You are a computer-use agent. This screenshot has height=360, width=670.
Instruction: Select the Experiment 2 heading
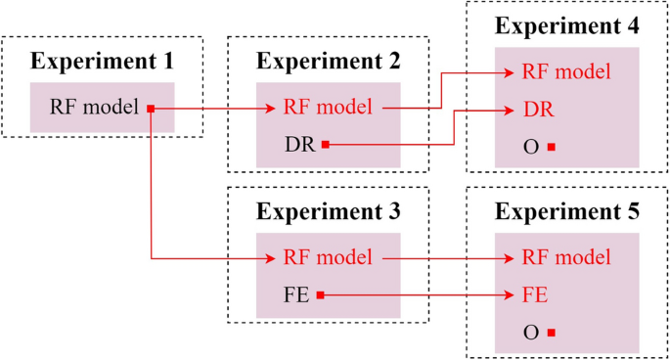(329, 62)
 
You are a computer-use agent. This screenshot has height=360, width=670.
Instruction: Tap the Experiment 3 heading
(329, 211)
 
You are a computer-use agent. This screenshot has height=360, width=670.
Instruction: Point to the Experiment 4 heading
(567, 26)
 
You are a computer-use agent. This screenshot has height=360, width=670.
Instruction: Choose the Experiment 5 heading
(567, 211)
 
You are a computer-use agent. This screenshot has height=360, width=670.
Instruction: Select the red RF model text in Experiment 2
(328, 108)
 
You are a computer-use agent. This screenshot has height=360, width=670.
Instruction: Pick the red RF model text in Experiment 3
(328, 258)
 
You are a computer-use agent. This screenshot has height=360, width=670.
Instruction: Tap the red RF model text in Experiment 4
(566, 71)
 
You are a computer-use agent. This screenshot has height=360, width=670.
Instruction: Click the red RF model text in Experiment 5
(566, 258)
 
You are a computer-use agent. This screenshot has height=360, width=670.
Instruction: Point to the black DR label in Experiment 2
(299, 145)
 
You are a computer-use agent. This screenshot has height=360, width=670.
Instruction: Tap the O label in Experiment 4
(532, 147)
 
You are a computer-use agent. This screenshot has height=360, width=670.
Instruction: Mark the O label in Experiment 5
(532, 333)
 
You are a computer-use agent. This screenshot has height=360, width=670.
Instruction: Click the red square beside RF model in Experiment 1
(152, 108)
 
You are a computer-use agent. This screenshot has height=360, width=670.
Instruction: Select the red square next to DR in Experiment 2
(325, 145)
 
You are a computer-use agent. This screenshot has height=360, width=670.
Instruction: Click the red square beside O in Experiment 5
(552, 333)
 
